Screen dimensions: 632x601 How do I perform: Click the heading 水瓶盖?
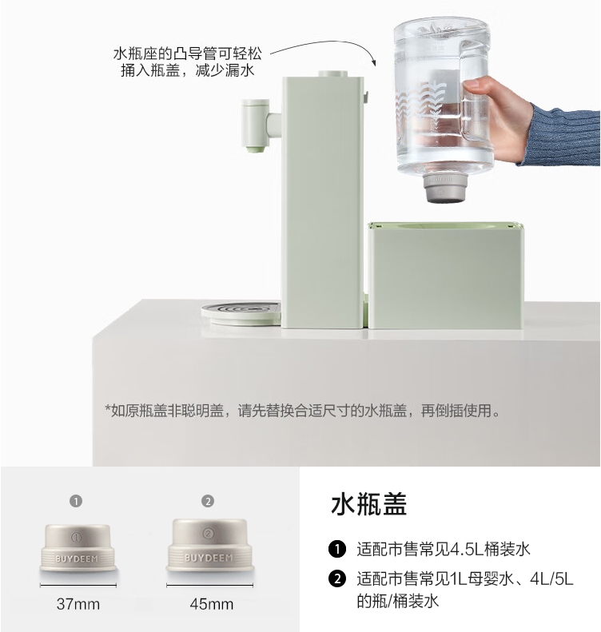(x=368, y=505)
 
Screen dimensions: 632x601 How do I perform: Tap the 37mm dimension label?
(x=78, y=604)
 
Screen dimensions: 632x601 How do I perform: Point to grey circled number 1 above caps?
(x=76, y=501)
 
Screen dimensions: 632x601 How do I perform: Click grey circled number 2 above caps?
(x=208, y=501)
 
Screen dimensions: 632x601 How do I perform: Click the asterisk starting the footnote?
(x=108, y=411)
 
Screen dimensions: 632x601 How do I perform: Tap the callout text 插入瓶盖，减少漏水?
(x=187, y=72)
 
